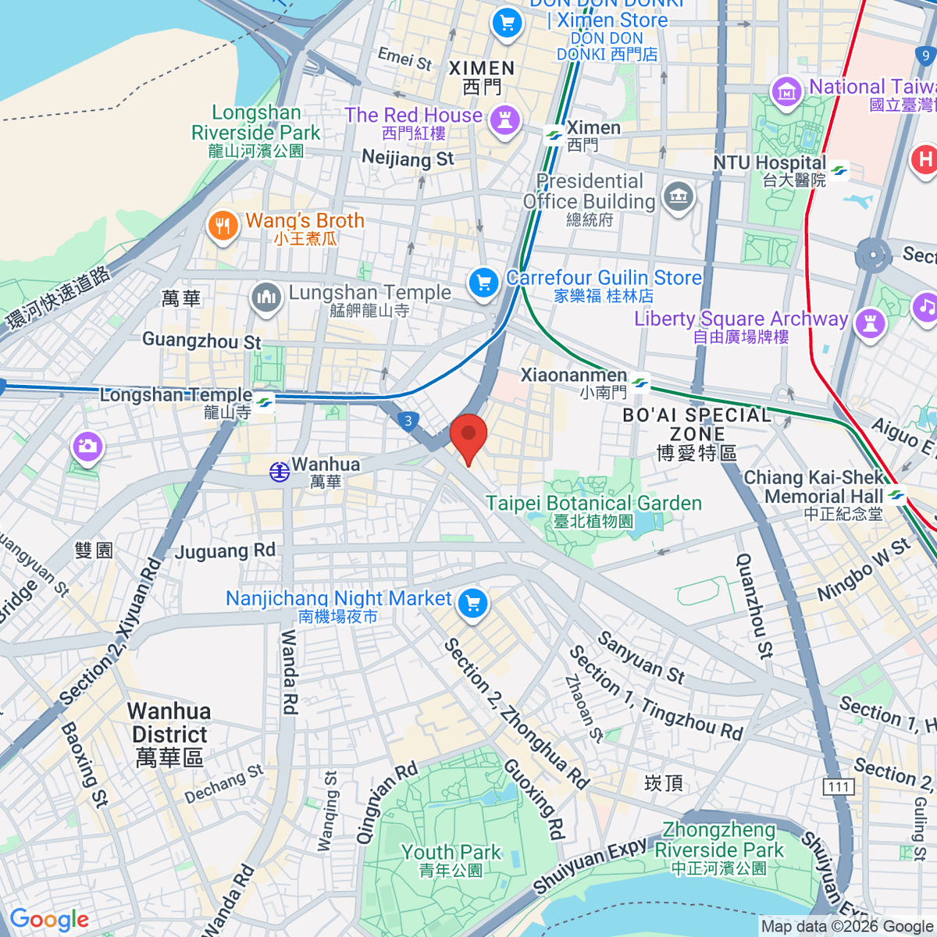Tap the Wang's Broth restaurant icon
coord(223,227)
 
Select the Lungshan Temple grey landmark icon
coord(266,298)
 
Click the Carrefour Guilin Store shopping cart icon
coord(483,283)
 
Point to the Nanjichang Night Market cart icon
coord(472,604)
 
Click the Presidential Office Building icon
coord(678,197)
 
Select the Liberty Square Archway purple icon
coord(870,322)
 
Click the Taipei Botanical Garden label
coord(593,504)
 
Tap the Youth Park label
coord(451,853)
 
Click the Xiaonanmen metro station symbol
coord(640,383)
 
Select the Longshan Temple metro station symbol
coord(264,402)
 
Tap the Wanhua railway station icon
coord(279,471)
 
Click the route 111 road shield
coord(838,786)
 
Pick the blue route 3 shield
coord(408,422)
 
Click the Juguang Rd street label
coord(225,551)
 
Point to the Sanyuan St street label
coord(641,657)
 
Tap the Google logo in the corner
coord(49,920)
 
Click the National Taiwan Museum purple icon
coord(786,92)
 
